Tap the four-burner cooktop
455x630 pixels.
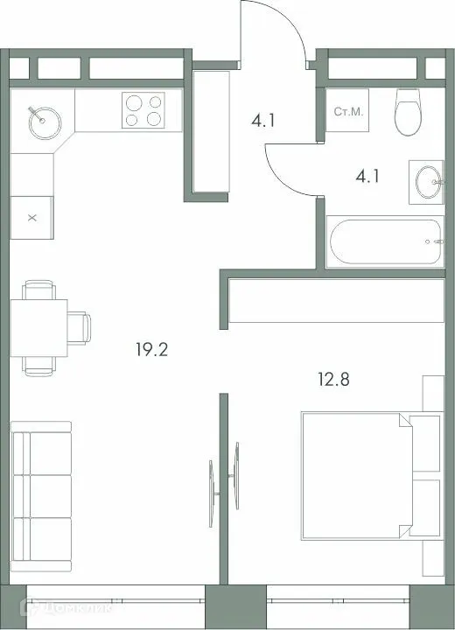pos(143,111)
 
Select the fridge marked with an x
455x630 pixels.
pos(33,216)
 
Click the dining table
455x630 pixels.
pos(39,326)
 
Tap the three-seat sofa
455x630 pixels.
pos(41,496)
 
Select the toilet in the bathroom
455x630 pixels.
pos(409,112)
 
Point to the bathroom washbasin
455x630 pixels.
pos(429,183)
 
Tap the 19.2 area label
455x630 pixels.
pos(151,351)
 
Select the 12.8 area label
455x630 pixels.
pos(332,380)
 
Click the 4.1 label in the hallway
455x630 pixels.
pos(262,121)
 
